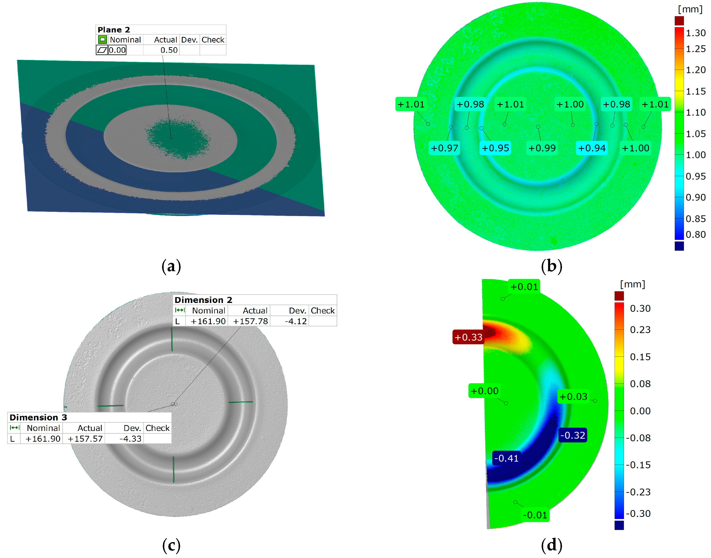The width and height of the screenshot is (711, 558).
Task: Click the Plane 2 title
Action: tap(114, 30)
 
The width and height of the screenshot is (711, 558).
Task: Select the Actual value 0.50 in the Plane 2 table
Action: tap(169, 50)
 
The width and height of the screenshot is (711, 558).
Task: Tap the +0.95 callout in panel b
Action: tap(495, 148)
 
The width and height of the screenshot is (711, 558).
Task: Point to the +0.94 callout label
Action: tap(591, 148)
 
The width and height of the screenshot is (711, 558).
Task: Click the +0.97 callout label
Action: tap(444, 148)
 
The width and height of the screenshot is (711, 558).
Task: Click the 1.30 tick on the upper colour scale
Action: tap(695, 33)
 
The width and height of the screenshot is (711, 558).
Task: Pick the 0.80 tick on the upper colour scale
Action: tap(695, 234)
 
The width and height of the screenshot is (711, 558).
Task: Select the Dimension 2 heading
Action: tap(203, 300)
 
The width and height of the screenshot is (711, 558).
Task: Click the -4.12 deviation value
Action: tap(296, 321)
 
